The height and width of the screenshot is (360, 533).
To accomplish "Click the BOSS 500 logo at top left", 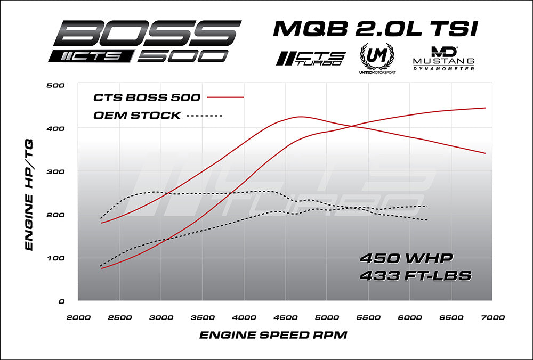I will click(144, 42).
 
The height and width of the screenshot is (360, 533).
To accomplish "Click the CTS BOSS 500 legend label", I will click(147, 97).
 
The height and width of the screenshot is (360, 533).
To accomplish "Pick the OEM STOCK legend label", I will click(136, 116).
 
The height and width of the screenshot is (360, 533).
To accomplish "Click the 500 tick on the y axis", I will click(55, 85).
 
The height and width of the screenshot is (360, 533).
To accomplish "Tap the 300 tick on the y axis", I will click(55, 171).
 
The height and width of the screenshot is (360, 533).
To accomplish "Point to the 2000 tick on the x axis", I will click(78, 317).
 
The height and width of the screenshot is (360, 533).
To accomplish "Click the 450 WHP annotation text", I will click(407, 259).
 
